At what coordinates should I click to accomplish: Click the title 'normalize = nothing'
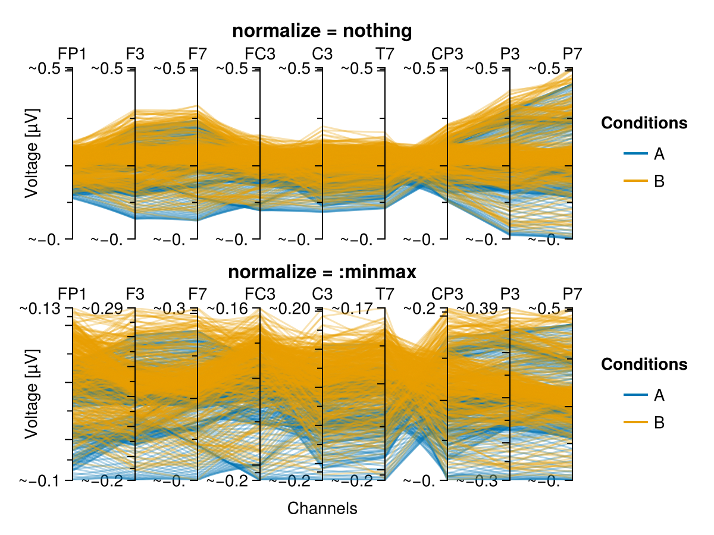point(322,31)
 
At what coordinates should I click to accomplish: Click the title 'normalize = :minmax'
point(322,272)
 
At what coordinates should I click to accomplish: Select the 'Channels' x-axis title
point(322,508)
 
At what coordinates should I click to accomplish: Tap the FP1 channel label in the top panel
point(72,53)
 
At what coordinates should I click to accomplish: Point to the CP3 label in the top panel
point(447,53)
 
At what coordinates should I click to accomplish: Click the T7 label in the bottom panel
point(385,294)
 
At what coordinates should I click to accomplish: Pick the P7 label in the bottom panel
point(572,294)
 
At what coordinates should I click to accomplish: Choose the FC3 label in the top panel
point(260,53)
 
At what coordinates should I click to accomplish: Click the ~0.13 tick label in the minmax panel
point(40,309)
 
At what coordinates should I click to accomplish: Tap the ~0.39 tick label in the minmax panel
point(477,309)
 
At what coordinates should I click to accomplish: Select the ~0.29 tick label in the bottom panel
point(102,309)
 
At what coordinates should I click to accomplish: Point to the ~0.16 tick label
point(227,309)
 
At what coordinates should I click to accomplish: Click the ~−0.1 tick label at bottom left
point(40,481)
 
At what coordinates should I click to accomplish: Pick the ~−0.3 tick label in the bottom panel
point(477,481)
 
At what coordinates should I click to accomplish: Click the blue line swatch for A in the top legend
point(635,153)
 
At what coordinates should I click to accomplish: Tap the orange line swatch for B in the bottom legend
point(635,422)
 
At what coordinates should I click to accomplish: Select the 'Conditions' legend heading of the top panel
point(644,123)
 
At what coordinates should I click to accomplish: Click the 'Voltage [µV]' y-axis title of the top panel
point(32,153)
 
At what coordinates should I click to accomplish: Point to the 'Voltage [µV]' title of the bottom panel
point(32,394)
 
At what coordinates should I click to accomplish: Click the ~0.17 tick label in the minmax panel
point(352,309)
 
